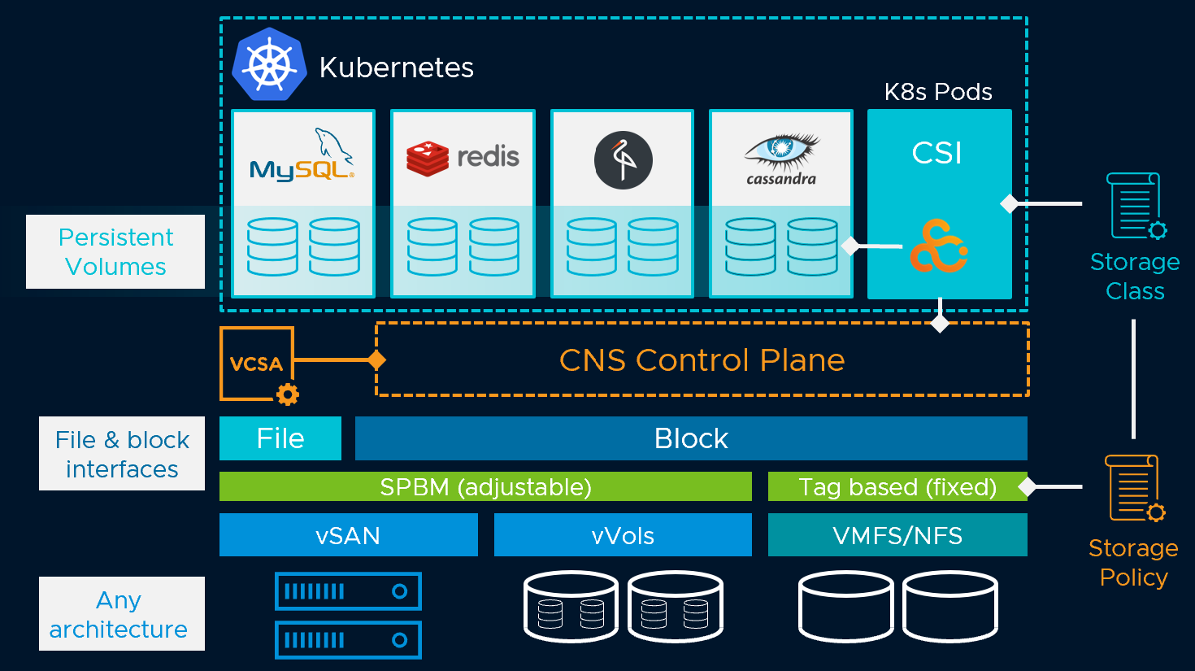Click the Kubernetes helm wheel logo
click(269, 65)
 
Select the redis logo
click(463, 156)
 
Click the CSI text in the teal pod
click(937, 153)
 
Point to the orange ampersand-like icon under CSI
click(938, 245)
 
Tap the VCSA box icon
click(257, 364)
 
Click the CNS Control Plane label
click(702, 359)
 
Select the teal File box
click(280, 438)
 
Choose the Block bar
click(691, 438)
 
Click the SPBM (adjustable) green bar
click(485, 486)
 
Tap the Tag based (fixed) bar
click(897, 486)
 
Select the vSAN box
click(348, 535)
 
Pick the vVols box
click(623, 535)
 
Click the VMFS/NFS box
click(897, 535)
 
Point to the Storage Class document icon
click(1136, 206)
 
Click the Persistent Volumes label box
click(115, 251)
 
